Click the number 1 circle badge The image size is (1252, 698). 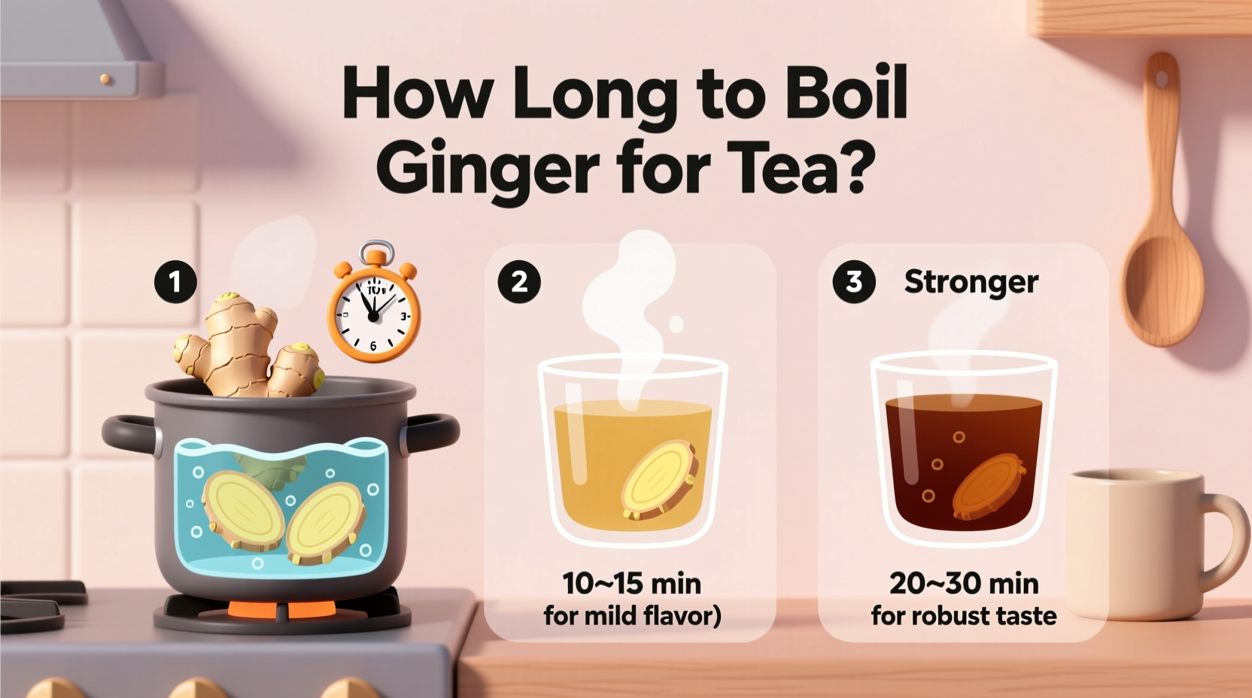(x=175, y=282)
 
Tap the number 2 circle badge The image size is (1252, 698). (x=519, y=282)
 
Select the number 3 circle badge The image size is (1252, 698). (x=854, y=282)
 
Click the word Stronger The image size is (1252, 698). (x=971, y=282)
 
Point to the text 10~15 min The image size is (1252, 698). (x=632, y=584)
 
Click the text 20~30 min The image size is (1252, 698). (x=964, y=584)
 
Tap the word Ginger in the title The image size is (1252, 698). (x=487, y=167)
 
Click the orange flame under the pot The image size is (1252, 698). (x=282, y=609)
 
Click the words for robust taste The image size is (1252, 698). (x=964, y=616)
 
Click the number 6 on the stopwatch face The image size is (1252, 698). (x=373, y=345)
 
